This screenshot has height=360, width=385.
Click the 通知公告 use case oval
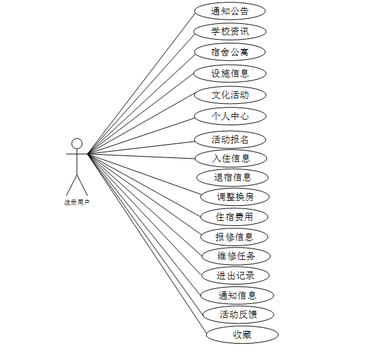230,11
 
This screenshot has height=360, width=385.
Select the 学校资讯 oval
230,31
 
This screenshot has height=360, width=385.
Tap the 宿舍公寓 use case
230,52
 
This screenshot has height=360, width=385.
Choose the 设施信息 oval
230,73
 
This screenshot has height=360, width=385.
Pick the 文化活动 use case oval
230,95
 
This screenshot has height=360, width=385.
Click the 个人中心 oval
230,116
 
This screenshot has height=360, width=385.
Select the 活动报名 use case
230,139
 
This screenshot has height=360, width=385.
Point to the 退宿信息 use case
233,177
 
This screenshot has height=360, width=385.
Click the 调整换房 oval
235,197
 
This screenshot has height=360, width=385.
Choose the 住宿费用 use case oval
234,217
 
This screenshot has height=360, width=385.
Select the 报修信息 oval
234,237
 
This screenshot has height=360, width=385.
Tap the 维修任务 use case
235,256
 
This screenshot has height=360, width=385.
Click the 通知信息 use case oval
237,295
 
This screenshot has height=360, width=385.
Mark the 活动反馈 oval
237,314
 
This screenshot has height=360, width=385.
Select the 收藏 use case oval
242,335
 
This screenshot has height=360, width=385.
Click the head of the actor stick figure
77,143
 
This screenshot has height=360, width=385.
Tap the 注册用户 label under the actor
77,203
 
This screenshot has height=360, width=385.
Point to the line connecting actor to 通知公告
142,82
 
